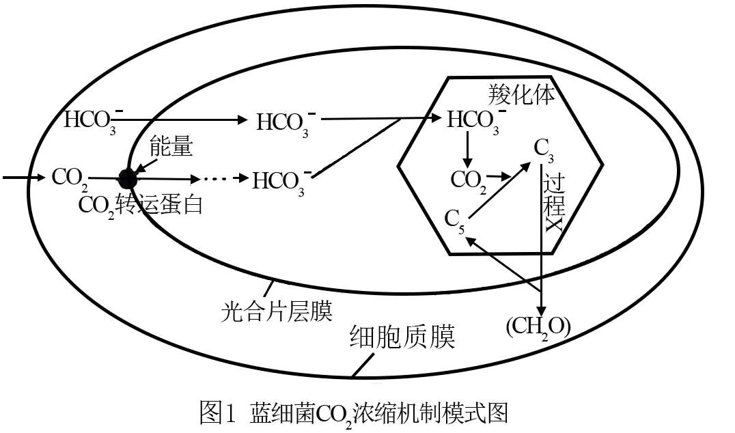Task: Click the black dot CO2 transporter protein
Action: (127, 179)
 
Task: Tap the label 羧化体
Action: (521, 94)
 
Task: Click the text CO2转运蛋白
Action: (141, 205)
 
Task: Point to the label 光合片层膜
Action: (277, 311)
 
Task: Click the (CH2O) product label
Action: (538, 327)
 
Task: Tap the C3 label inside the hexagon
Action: (544, 149)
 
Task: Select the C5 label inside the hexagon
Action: (454, 220)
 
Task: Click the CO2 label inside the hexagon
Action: (469, 180)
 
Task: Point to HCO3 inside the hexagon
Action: (473, 120)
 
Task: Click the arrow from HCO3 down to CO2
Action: (467, 150)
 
